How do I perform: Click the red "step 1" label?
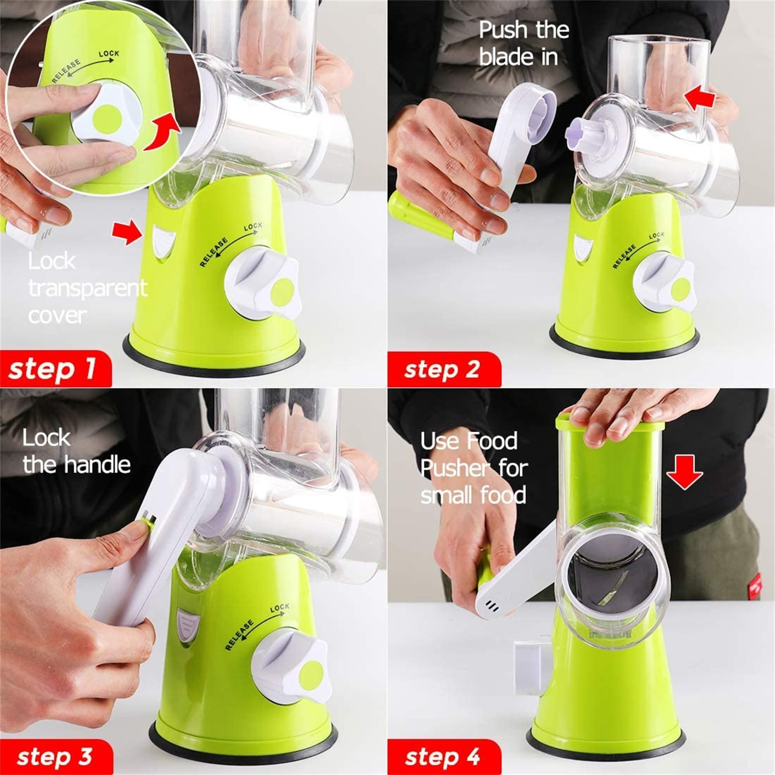click(55, 369)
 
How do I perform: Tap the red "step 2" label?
click(444, 369)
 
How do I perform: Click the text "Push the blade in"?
click(524, 43)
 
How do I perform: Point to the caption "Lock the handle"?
click(76, 451)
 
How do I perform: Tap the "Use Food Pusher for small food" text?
click(474, 468)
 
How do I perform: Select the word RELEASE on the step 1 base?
click(214, 252)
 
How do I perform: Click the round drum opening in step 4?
click(612, 574)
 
